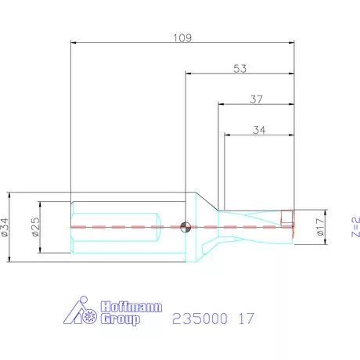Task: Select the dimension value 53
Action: click(239, 69)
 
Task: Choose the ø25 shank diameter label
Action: click(35, 226)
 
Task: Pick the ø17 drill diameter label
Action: click(319, 227)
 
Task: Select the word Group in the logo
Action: click(119, 320)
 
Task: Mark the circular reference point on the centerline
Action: click(185, 226)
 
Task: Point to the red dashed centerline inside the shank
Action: click(125, 226)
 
